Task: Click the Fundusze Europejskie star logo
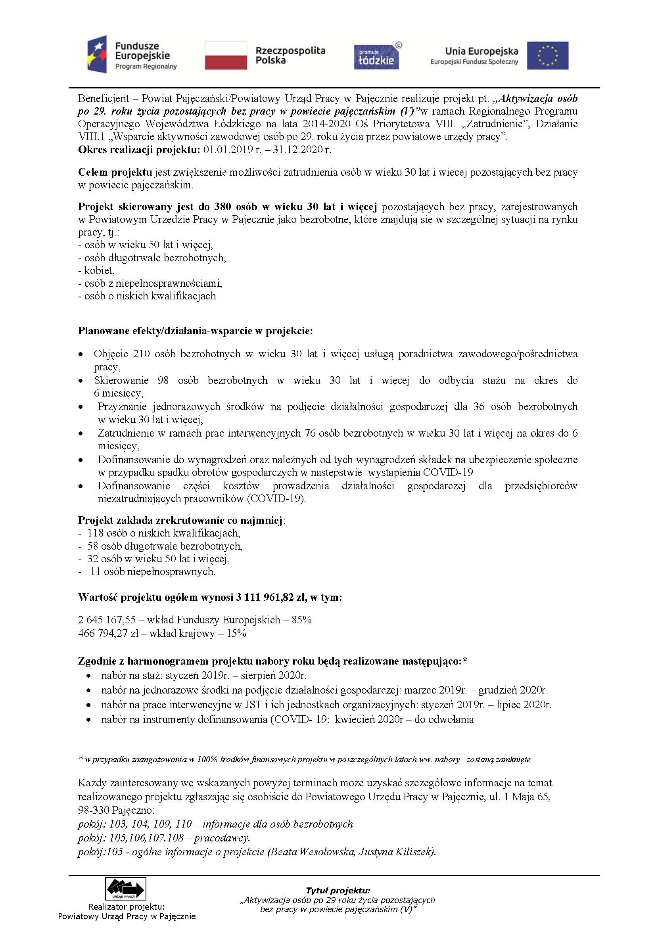click(x=97, y=54)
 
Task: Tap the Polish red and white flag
click(x=226, y=55)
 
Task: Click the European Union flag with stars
click(x=547, y=55)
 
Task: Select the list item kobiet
click(x=99, y=270)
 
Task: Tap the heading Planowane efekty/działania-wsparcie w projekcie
click(x=195, y=331)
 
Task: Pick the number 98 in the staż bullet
click(x=163, y=380)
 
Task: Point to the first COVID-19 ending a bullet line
click(x=448, y=473)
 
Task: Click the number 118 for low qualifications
click(x=96, y=533)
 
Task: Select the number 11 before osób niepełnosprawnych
click(x=95, y=571)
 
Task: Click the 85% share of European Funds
click(x=302, y=620)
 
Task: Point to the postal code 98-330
click(x=94, y=810)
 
